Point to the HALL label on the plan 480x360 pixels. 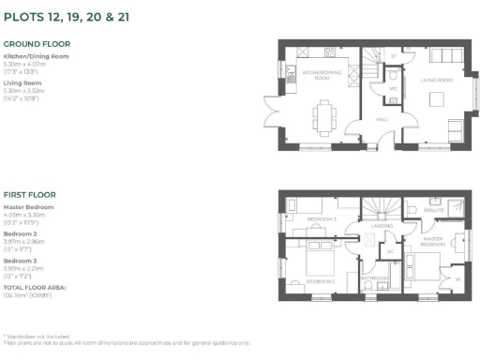[382, 120]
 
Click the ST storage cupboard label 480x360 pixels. [394, 56]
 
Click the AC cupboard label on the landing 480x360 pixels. [391, 250]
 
